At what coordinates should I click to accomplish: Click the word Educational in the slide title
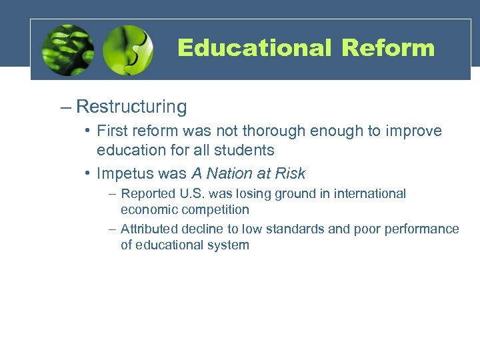pyautogui.click(x=254, y=48)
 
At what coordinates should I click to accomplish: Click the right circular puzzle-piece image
pyautogui.click(x=128, y=51)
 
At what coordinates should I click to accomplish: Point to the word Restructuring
pyautogui.click(x=131, y=107)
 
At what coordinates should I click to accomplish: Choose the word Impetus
pyautogui.click(x=123, y=174)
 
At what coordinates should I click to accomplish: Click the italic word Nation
pyautogui.click(x=227, y=174)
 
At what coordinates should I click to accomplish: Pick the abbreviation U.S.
pyautogui.click(x=186, y=194)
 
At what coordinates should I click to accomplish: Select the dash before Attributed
pyautogui.click(x=112, y=229)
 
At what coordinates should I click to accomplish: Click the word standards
pyautogui.click(x=313, y=229)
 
